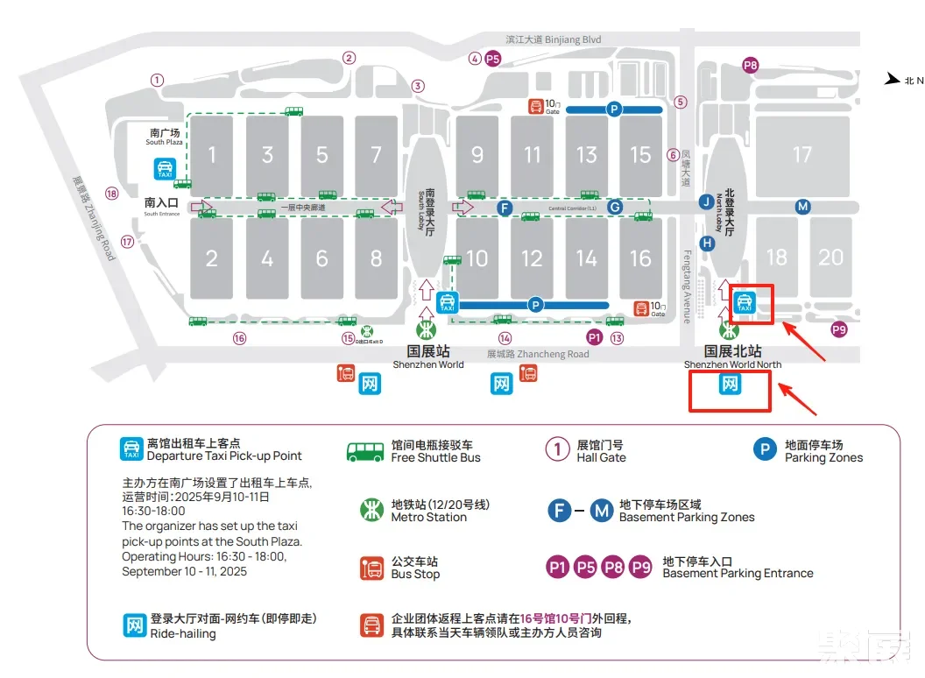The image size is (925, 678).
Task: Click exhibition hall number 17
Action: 802,155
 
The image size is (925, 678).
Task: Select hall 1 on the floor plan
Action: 212,156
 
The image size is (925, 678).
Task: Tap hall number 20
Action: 830,257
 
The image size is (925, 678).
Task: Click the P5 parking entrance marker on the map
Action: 493,59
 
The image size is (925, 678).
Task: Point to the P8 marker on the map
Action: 750,65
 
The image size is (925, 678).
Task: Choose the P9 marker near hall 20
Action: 839,329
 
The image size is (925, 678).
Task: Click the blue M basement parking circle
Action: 802,207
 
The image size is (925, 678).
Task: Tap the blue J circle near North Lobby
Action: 706,202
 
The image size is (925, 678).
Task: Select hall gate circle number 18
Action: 111,194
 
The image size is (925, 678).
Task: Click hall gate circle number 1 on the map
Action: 157,80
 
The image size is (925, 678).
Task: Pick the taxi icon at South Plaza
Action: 165,168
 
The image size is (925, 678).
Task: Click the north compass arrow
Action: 893,80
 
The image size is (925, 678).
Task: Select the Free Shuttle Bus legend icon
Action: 365,451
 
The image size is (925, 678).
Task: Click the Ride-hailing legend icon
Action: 134,625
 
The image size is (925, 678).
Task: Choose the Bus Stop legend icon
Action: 372,568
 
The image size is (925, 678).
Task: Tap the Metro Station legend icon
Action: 372,510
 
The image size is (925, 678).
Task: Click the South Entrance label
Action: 161,207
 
